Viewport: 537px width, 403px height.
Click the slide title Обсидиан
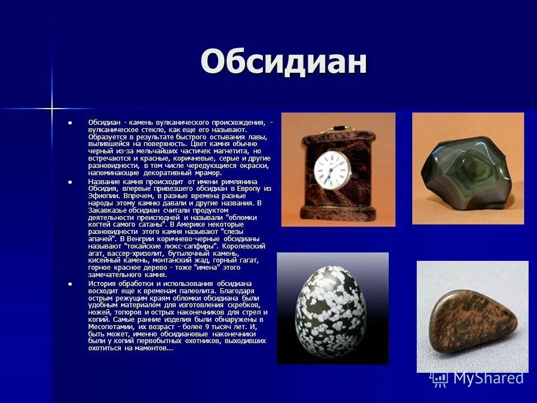[284, 62]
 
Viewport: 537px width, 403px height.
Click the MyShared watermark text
[488, 378]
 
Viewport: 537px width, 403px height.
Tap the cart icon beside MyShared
[440, 379]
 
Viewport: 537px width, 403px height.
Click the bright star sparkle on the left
[52, 106]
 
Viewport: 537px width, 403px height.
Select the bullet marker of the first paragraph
[70, 122]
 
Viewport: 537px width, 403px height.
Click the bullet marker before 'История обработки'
[70, 284]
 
